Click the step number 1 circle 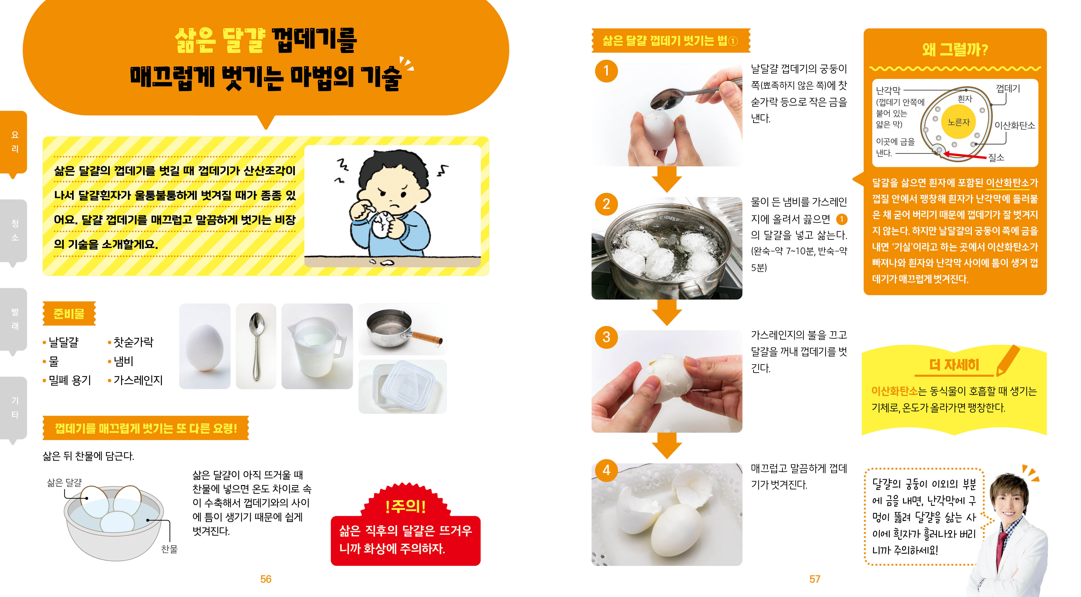tap(606, 71)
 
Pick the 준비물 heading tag tap(69, 313)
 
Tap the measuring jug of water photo tap(317, 346)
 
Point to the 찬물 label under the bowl tap(169, 549)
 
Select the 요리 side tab tap(14, 142)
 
